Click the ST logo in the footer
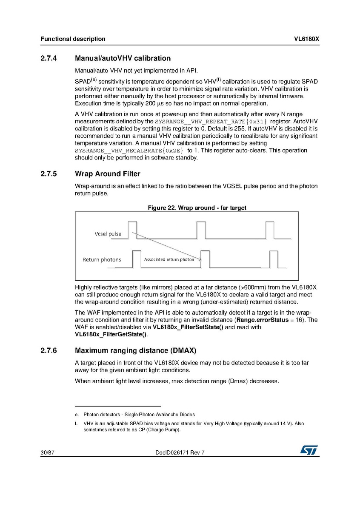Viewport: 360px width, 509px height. click(309, 450)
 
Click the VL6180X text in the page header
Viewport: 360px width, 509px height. click(306, 39)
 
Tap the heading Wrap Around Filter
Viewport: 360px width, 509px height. click(107, 174)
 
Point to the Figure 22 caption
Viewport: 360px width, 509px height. click(197, 208)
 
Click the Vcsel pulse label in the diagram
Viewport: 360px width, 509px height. click(108, 234)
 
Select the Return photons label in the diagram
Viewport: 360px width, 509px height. click(102, 259)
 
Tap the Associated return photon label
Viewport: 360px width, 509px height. click(169, 259)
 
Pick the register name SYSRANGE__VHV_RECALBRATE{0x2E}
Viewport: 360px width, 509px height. click(129, 151)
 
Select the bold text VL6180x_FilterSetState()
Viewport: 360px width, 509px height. click(188, 327)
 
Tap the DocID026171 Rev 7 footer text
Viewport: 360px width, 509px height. click(180, 452)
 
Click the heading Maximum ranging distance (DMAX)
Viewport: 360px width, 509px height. click(135, 351)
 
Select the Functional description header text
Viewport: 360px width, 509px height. click(73, 39)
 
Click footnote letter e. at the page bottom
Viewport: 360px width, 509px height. click(76, 414)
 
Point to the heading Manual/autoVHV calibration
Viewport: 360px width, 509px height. click(123, 59)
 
